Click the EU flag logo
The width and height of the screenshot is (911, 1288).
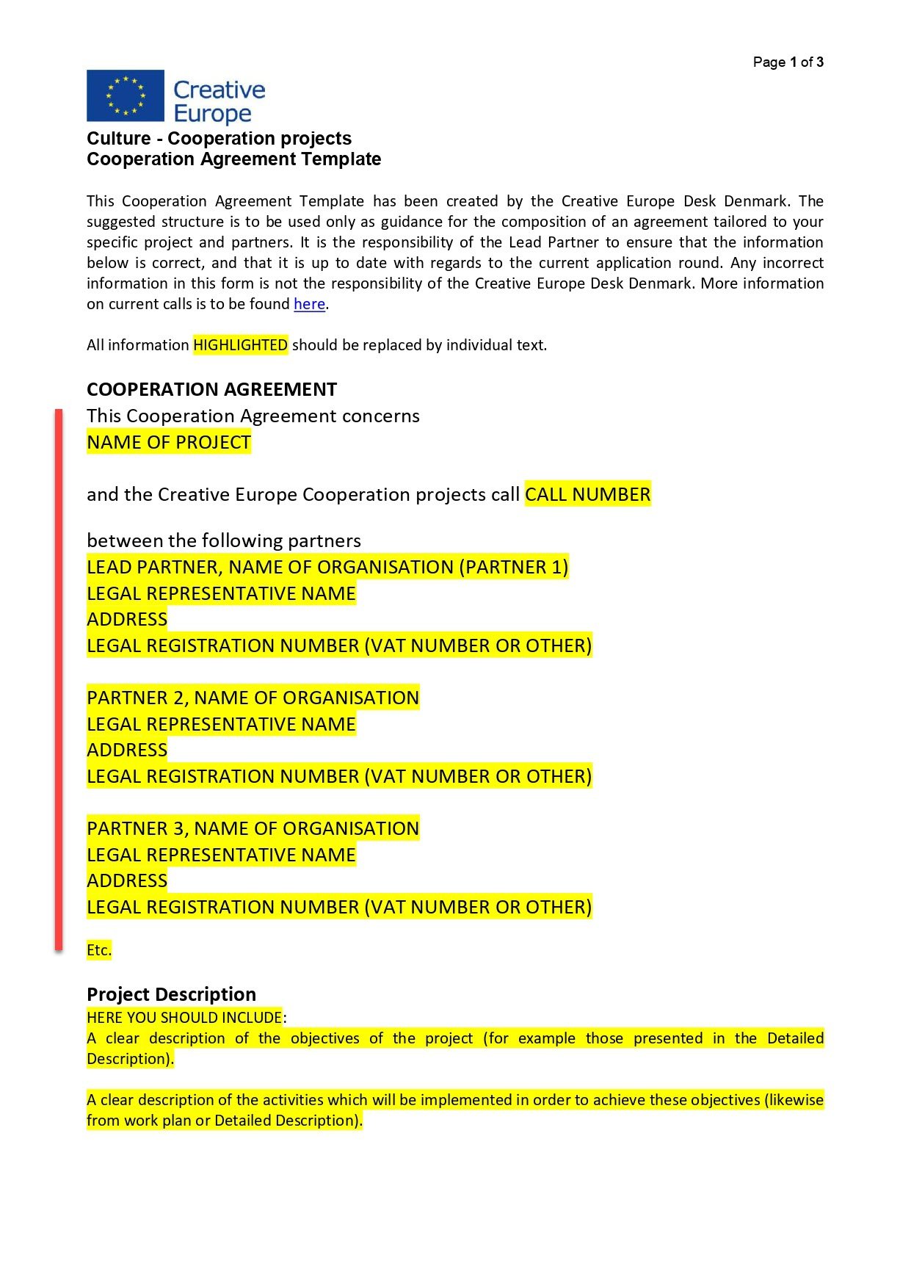[x=125, y=95]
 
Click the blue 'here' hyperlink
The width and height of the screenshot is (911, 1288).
[x=309, y=304]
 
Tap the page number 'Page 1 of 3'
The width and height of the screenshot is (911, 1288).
[x=788, y=62]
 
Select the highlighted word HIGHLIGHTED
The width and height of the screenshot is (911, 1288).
[x=240, y=345]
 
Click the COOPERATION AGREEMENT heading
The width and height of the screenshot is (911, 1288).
[x=211, y=389]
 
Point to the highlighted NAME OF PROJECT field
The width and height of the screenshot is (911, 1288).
[x=169, y=443]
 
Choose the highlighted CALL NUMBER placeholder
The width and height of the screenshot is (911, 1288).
[x=587, y=494]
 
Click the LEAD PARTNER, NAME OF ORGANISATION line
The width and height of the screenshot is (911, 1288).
[x=327, y=567]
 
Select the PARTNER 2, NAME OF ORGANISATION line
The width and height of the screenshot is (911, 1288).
[x=253, y=698]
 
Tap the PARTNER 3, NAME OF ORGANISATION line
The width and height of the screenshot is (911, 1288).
[x=253, y=828]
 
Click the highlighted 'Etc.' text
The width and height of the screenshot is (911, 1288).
[x=99, y=950]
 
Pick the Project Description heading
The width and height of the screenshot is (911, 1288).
[x=171, y=994]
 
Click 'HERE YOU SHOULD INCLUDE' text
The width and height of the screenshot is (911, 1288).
[x=184, y=1018]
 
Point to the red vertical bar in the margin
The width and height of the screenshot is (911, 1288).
[x=59, y=679]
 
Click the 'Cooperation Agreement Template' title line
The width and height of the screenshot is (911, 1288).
[x=233, y=159]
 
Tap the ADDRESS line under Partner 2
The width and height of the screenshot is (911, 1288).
[x=127, y=750]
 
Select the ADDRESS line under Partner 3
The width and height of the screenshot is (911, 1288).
[x=127, y=880]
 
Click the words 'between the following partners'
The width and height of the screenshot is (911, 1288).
[x=224, y=541]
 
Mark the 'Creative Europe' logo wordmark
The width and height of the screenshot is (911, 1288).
[x=219, y=101]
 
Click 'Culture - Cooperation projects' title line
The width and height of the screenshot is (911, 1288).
[x=219, y=139]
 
